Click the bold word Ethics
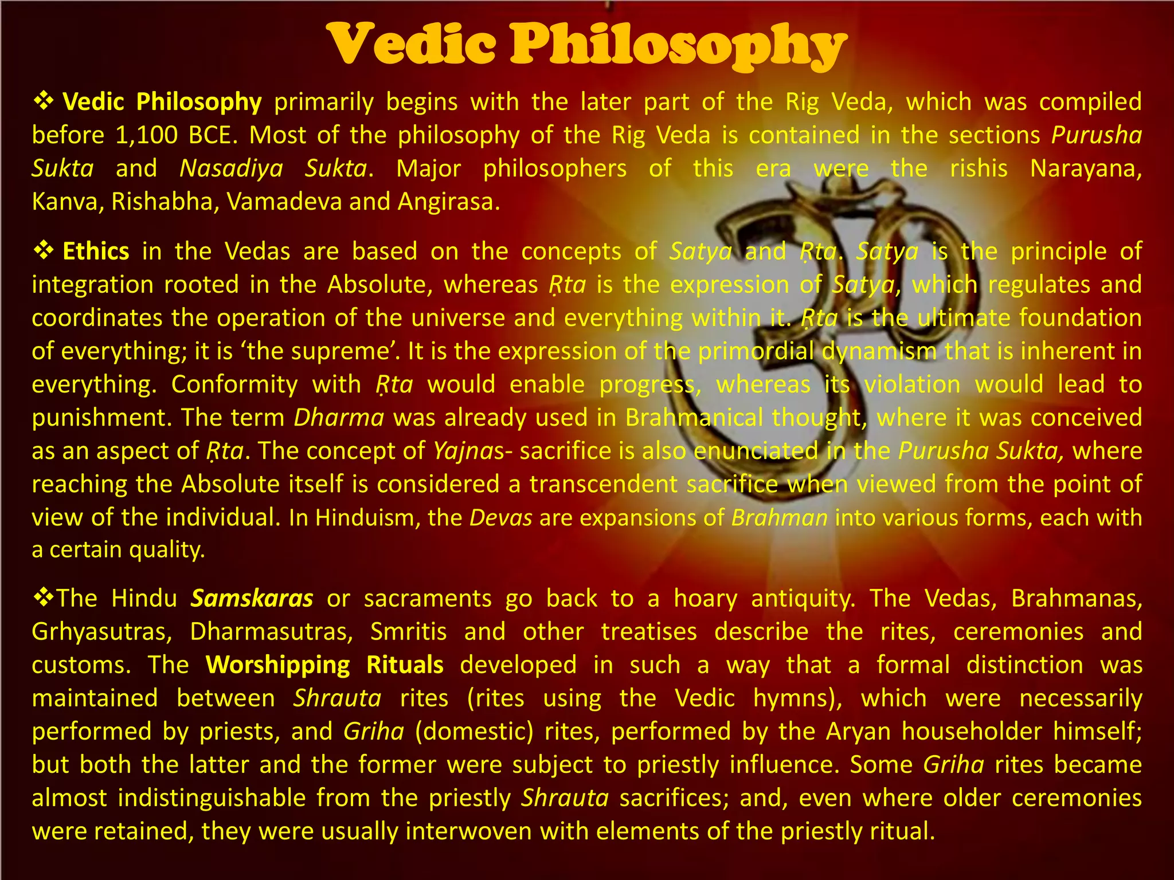point(96,252)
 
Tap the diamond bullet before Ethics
point(43,251)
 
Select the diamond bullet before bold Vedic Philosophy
point(43,102)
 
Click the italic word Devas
point(501,518)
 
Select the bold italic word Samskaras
point(252,599)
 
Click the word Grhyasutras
point(102,632)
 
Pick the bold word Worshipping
point(278,665)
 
